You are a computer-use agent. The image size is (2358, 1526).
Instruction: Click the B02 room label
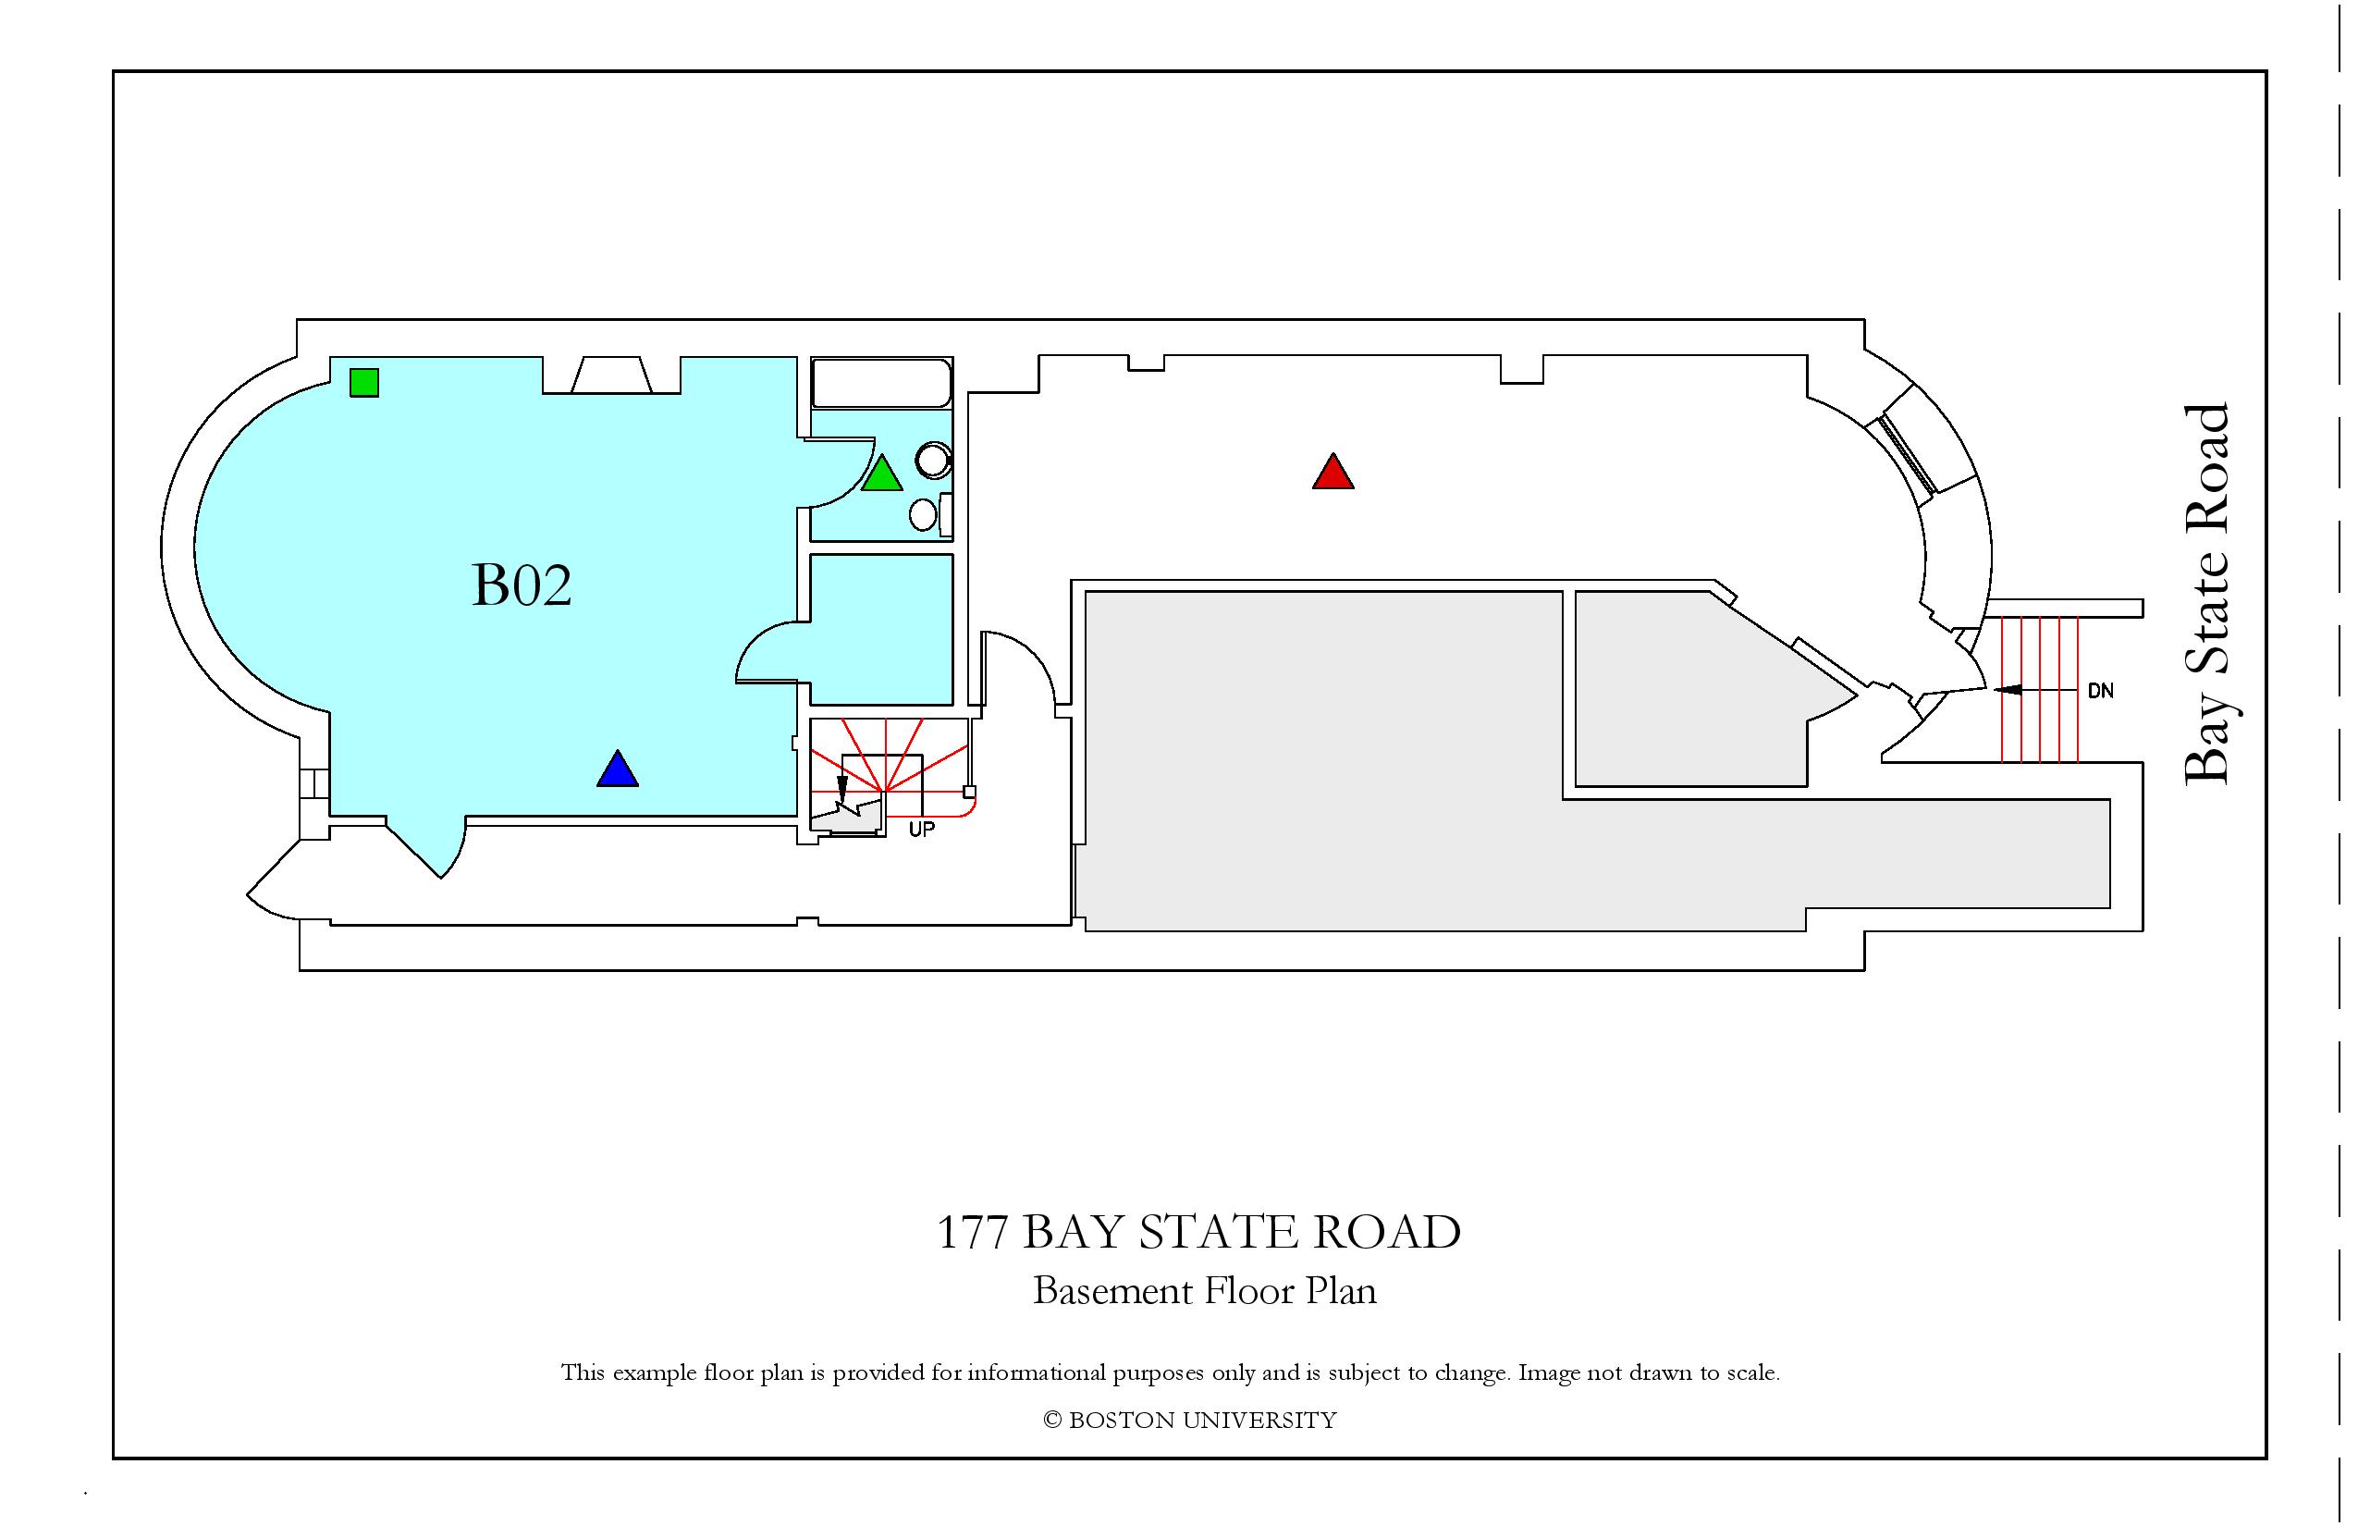pos(522,585)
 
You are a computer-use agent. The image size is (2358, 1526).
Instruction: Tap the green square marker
pos(364,383)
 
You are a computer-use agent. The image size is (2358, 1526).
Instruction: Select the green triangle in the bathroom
pos(882,474)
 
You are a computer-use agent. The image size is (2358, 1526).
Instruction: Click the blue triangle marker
pos(618,769)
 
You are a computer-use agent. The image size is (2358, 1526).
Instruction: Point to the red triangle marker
pos(1333,472)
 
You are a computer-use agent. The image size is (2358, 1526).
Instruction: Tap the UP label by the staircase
pos(921,831)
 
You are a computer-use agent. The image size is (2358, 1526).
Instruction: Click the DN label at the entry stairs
pos(2100,691)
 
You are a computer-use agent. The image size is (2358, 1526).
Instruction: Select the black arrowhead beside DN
pos(2008,689)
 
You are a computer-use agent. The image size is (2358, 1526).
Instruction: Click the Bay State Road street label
pos(2208,595)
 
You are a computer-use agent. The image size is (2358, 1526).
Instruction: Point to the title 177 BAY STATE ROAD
pos(1198,1233)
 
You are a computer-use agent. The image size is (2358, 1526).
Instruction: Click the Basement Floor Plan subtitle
pos(1205,1291)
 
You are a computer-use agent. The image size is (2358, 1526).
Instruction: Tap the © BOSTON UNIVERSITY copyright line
pos(1190,1420)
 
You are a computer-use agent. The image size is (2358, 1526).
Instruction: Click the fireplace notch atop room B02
pos(611,375)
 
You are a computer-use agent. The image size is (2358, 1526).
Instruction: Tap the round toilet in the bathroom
pos(933,460)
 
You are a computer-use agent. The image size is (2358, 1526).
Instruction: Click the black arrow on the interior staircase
pos(842,789)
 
